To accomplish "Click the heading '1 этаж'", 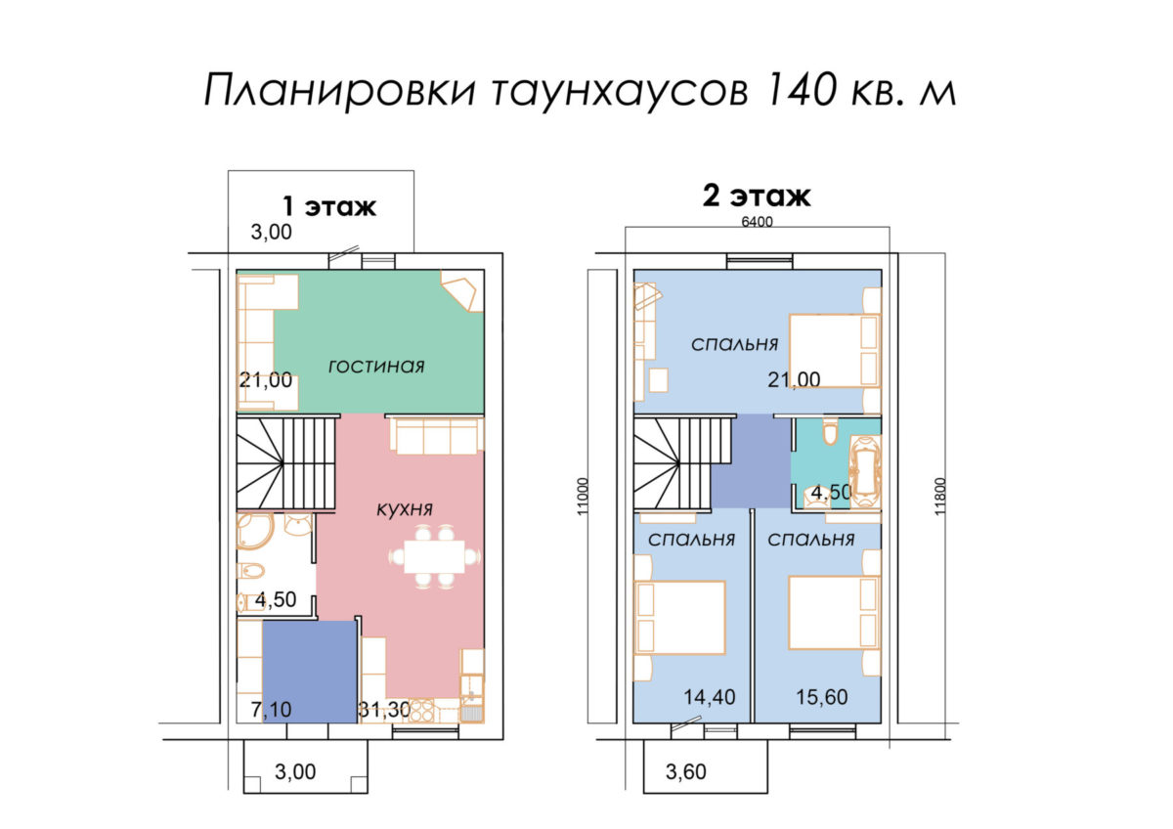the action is [328, 206].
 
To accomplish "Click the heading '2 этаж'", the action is [757, 196].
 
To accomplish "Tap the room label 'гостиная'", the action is [376, 366].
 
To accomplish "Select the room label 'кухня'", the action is [405, 509].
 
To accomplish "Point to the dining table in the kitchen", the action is [434, 556].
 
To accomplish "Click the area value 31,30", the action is [384, 709].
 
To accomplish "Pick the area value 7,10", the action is [272, 709].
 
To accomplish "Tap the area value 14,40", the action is [710, 697].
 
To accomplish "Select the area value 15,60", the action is [822, 697].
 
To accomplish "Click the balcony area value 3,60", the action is [686, 772].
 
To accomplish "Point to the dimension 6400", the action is [758, 222].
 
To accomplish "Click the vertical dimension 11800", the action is [940, 497].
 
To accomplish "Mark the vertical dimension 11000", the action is [584, 497].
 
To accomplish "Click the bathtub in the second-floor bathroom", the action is [865, 471].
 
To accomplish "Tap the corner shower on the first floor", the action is [254, 531].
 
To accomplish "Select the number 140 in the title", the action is [800, 90].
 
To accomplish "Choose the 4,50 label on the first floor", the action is [276, 599].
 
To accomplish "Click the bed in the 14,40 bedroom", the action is [679, 618].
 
